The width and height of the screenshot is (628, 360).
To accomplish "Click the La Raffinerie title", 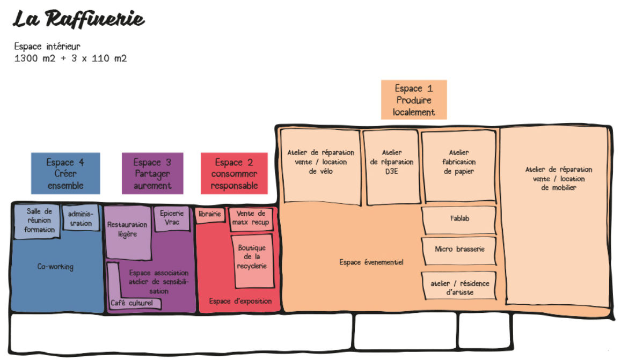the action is pos(78,19).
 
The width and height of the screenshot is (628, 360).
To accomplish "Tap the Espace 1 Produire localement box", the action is pos(414,100).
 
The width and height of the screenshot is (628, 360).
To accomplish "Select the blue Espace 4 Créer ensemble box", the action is pos(65,173).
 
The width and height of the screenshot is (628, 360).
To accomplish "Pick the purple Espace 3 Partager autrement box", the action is pos(152,173).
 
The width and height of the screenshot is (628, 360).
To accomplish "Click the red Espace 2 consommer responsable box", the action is pos(234,173).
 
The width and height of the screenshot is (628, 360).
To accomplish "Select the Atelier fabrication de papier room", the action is pos(459,166).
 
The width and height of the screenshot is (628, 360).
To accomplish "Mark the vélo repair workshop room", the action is pos(320,166).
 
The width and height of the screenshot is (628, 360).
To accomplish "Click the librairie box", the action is pos(210,215).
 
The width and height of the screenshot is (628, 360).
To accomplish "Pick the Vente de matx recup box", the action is pos(251,219).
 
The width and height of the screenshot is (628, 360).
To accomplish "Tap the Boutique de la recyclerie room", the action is pos(252,261).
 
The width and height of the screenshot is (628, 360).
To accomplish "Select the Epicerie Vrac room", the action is pos(172,218).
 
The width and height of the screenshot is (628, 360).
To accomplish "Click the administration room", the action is pos(81,218).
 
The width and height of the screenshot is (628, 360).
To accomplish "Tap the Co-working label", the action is pos(55,267).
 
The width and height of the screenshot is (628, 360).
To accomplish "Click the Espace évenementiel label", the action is pos(371,262).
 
